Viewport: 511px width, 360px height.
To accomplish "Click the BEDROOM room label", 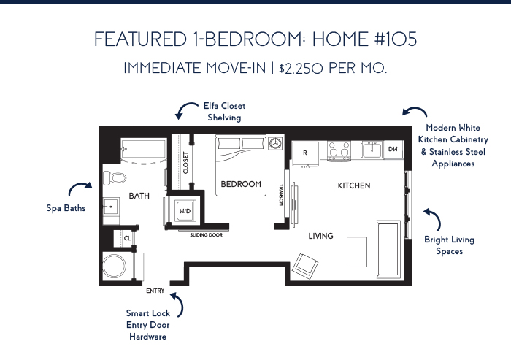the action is [x=241, y=184].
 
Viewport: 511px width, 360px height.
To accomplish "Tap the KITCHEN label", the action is [x=354, y=185].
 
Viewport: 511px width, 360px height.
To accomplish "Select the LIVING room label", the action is [x=320, y=236].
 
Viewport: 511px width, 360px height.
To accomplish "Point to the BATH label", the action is [x=139, y=196].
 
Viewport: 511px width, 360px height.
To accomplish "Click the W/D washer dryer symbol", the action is [x=185, y=211].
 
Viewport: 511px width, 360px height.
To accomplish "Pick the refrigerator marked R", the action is [x=305, y=153].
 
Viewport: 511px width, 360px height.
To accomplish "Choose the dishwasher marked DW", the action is [x=393, y=150].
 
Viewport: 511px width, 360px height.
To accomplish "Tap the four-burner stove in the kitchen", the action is [x=339, y=150].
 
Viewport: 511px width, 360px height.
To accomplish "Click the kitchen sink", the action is [x=372, y=150].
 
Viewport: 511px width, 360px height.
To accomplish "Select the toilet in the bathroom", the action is [x=115, y=178].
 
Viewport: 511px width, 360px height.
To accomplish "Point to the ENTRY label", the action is [x=155, y=291].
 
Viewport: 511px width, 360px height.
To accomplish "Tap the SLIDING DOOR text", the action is [x=207, y=235].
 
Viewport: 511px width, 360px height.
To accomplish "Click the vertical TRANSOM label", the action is [x=281, y=195].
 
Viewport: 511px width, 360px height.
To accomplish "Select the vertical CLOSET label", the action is [x=185, y=163].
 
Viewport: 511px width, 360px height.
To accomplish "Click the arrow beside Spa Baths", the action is [x=80, y=188].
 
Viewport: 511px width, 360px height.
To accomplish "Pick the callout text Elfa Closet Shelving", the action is [x=224, y=112].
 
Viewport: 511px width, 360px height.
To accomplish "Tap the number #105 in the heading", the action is [x=396, y=39].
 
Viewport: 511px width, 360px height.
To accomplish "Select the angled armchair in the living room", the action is [x=305, y=266].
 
